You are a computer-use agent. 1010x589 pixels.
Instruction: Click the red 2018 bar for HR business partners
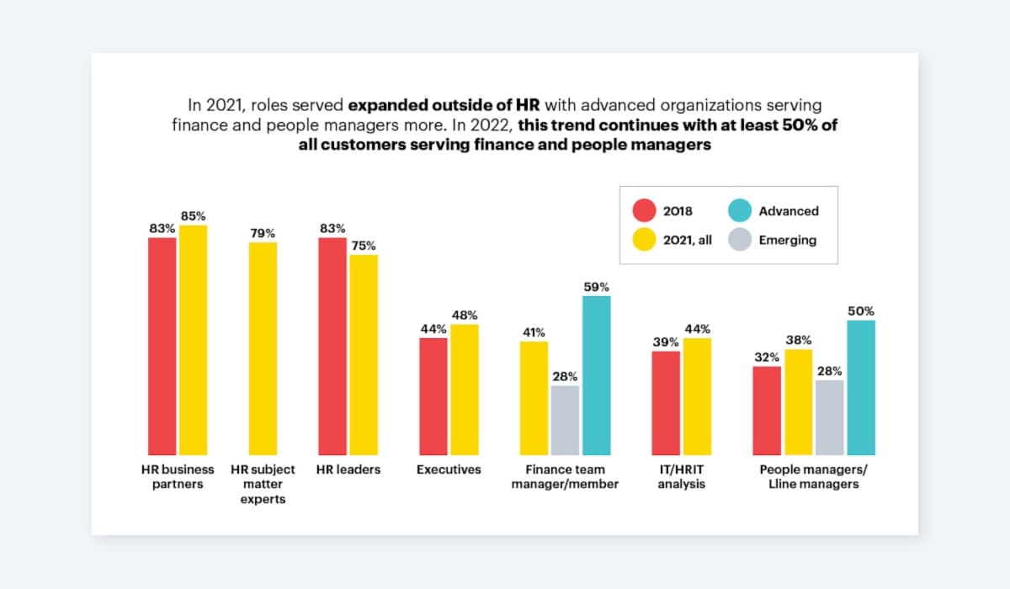pyautogui.click(x=162, y=346)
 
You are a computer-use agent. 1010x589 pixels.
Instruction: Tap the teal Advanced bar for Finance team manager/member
pyautogui.click(x=596, y=375)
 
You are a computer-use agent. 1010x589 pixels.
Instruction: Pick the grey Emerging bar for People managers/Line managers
pyautogui.click(x=829, y=417)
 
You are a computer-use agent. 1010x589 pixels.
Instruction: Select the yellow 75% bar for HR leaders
pyautogui.click(x=364, y=354)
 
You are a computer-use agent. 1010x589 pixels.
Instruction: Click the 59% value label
pyautogui.click(x=596, y=287)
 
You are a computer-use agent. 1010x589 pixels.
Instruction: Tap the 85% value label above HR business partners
pyautogui.click(x=194, y=216)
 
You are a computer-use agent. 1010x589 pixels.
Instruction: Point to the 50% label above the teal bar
pyautogui.click(x=861, y=311)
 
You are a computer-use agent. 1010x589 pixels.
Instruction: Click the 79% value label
pyautogui.click(x=263, y=233)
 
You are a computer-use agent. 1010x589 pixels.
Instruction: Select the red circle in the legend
pyautogui.click(x=645, y=211)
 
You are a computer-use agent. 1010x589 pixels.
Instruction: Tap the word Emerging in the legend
pyautogui.click(x=788, y=240)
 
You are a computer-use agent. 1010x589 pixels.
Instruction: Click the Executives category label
pyautogui.click(x=449, y=470)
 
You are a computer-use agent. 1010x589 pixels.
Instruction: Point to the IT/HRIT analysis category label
pyautogui.click(x=682, y=476)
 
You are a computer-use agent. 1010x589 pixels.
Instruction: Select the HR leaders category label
pyautogui.click(x=348, y=470)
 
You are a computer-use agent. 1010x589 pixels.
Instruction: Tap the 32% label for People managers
pyautogui.click(x=767, y=357)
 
